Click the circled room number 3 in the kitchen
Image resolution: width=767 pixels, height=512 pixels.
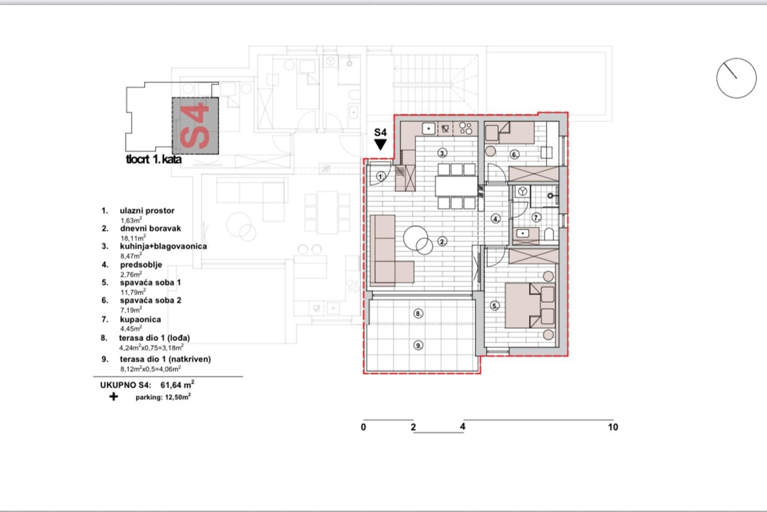click(442, 153)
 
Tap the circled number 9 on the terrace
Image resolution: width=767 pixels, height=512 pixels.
click(418, 345)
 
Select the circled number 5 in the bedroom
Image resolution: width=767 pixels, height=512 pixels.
click(494, 306)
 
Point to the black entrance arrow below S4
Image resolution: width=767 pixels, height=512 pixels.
click(380, 144)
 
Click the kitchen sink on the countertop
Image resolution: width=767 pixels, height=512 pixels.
click(429, 129)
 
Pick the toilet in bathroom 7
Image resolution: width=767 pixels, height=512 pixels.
click(549, 234)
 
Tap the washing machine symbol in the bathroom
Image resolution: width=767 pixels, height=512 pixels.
click(522, 191)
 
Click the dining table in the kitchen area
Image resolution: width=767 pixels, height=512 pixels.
click(456, 186)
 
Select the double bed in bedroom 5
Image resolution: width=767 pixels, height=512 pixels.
click(530, 306)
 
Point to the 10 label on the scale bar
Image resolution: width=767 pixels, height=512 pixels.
click(613, 427)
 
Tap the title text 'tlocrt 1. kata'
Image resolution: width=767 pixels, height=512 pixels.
click(154, 159)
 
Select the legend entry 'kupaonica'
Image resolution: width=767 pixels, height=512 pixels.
click(140, 320)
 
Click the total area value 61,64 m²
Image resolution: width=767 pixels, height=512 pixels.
click(177, 384)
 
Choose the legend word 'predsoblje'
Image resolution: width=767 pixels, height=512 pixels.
click(141, 265)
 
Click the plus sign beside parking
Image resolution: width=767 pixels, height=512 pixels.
click(113, 397)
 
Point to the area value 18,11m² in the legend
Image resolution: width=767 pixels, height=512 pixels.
click(133, 238)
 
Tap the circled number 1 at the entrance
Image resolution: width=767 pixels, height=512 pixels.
click(381, 177)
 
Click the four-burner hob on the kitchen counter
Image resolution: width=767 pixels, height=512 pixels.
click(465, 129)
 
